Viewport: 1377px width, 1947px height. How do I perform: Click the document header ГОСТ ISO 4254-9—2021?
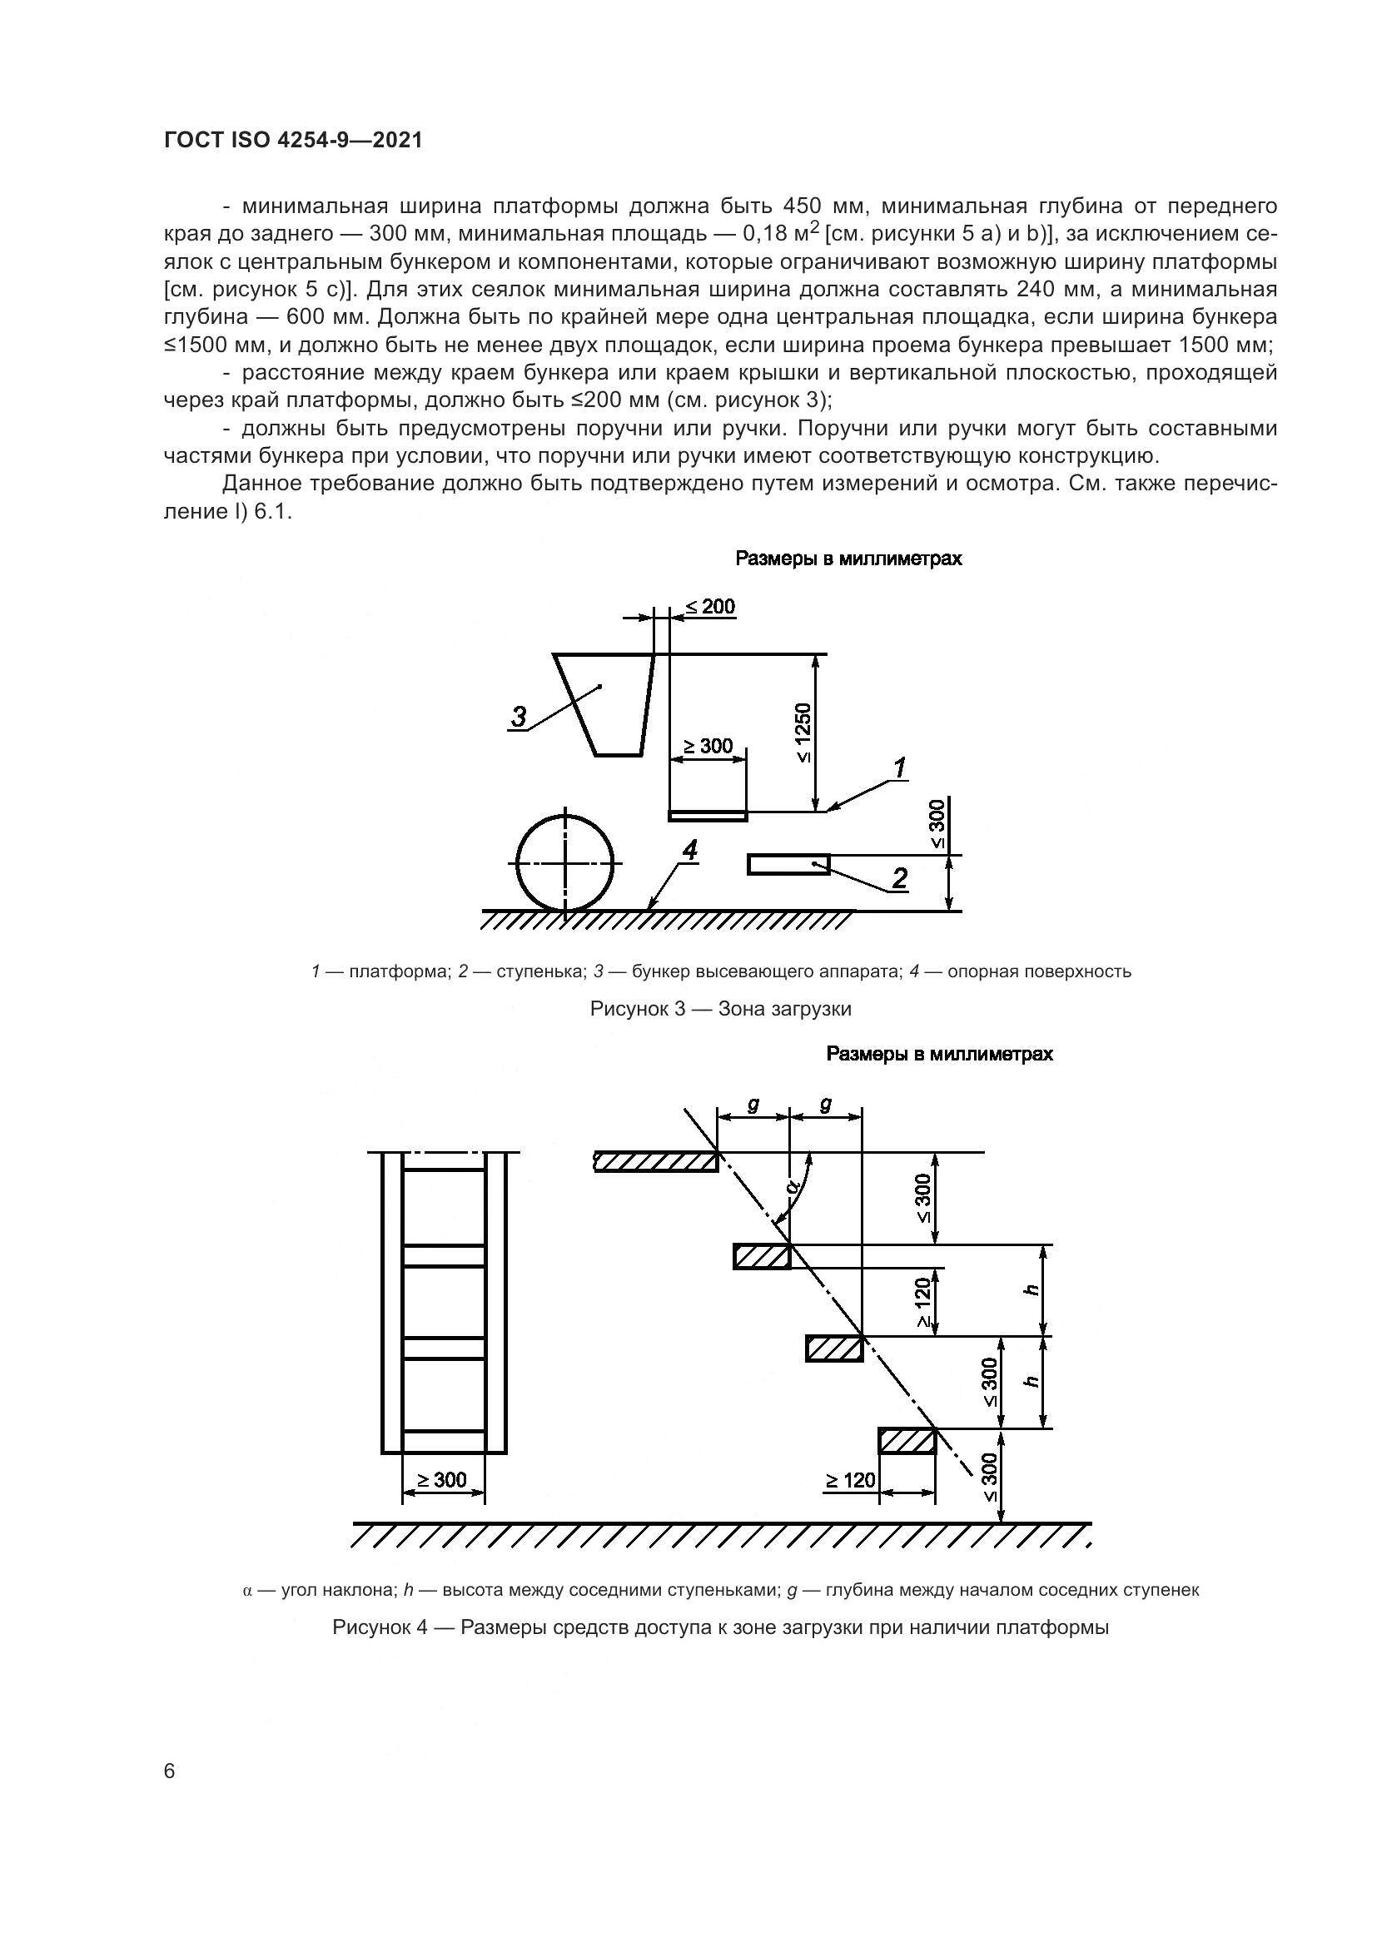[292, 141]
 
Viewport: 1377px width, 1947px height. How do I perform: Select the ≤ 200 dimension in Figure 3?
[709, 607]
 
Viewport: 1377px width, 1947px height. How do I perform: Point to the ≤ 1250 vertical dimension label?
[804, 733]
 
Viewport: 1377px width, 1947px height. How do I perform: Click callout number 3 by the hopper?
[518, 718]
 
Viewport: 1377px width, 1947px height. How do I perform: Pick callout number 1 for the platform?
[900, 768]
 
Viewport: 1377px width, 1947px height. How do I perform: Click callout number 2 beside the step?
[899, 877]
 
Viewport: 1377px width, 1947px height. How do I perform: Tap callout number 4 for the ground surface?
[690, 851]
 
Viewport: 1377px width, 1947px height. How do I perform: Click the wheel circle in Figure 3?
[564, 862]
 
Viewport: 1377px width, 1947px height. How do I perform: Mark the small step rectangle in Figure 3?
[788, 864]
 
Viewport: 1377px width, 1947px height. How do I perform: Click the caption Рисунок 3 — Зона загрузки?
[721, 1009]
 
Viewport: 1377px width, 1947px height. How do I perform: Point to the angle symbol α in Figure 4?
[794, 1185]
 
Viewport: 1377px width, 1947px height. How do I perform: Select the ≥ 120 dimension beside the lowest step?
[850, 1481]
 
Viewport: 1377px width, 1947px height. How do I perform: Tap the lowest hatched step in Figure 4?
[907, 1441]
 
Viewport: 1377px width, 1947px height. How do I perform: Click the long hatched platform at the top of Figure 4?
[656, 1162]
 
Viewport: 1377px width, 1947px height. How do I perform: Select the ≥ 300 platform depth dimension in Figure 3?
[708, 746]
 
